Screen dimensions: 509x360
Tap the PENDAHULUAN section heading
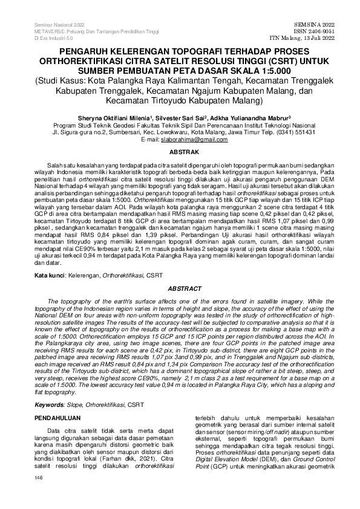pyautogui.click(x=59, y=417)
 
